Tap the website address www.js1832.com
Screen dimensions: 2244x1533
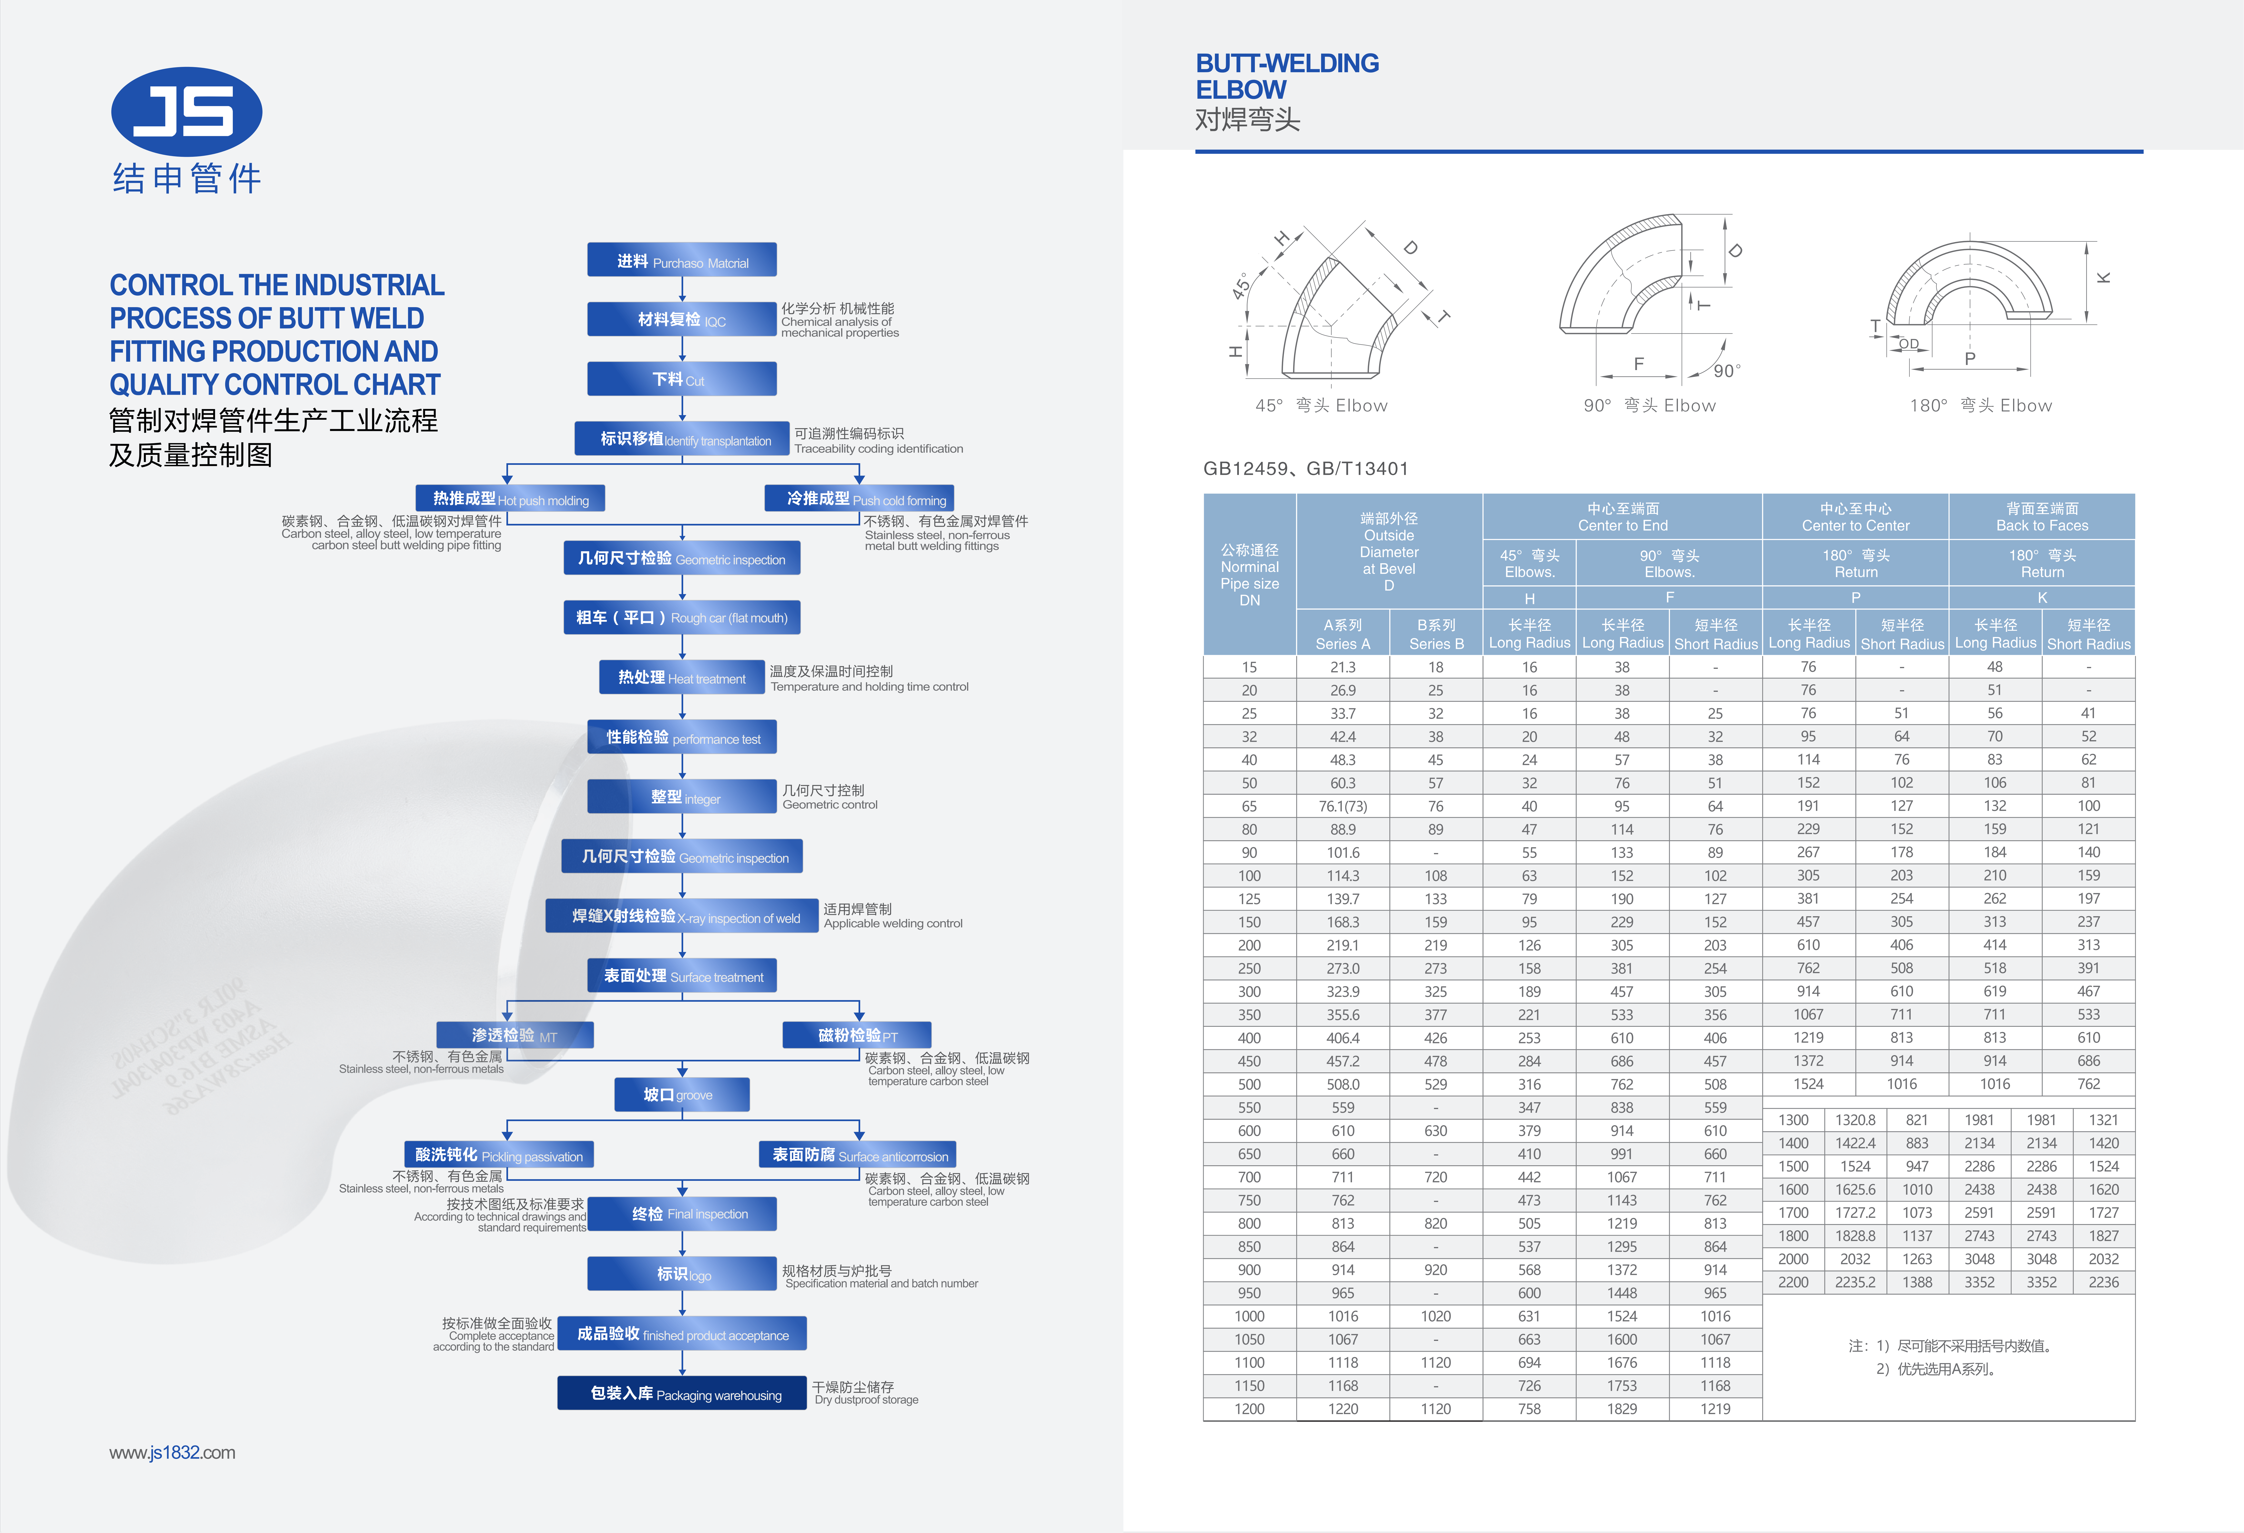172,1453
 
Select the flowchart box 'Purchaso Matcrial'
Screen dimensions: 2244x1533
682,260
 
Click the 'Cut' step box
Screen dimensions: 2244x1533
682,378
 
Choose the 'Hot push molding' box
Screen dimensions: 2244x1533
510,498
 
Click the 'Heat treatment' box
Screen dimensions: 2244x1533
682,677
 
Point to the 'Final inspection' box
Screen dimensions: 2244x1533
682,1214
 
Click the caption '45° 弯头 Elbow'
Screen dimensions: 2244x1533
1321,405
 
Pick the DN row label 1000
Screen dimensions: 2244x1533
1250,1316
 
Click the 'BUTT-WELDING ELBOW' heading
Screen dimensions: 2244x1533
1287,76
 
